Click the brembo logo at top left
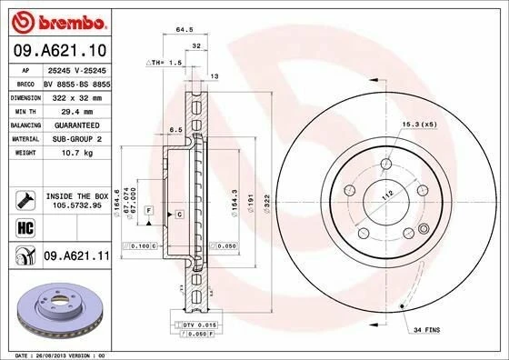pos(56,21)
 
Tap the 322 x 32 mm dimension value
pos(72,95)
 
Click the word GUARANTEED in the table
pos(70,124)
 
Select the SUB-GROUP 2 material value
pos(71,138)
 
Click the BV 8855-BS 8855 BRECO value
pos(76,82)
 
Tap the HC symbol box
pos(23,225)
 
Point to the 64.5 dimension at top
pos(185,29)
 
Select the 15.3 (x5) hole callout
pos(417,124)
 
